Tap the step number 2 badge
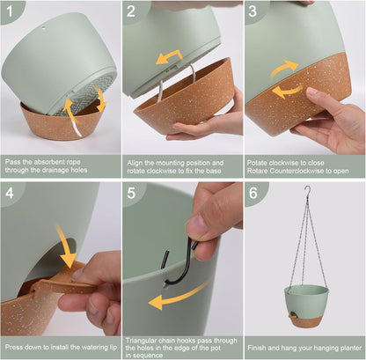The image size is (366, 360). [132, 12]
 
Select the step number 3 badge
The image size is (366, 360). [253, 12]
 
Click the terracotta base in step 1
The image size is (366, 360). [62, 123]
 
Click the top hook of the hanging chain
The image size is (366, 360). [306, 191]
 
